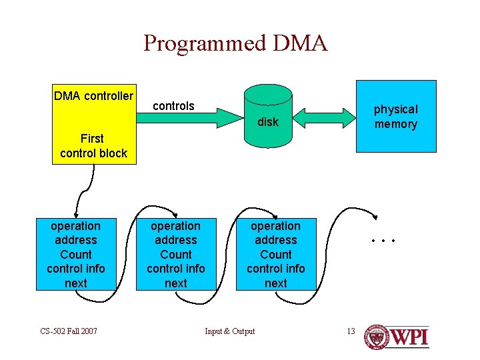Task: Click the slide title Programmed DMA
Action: pyautogui.click(x=235, y=43)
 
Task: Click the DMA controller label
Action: pyautogui.click(x=93, y=96)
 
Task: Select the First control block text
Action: pyautogui.click(x=93, y=146)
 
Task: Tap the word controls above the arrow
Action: pyautogui.click(x=173, y=106)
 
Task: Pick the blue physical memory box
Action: pyautogui.click(x=396, y=117)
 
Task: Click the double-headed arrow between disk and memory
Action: pyautogui.click(x=324, y=117)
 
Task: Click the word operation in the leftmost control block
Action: pyautogui.click(x=76, y=226)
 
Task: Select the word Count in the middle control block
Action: pyautogui.click(x=176, y=255)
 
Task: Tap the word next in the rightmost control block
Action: pyautogui.click(x=276, y=283)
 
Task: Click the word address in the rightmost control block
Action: pyautogui.click(x=276, y=240)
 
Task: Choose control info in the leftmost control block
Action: pyautogui.click(x=76, y=269)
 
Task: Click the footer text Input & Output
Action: pyautogui.click(x=229, y=331)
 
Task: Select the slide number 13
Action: pyautogui.click(x=351, y=331)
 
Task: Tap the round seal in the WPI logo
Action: pyautogui.click(x=377, y=337)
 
